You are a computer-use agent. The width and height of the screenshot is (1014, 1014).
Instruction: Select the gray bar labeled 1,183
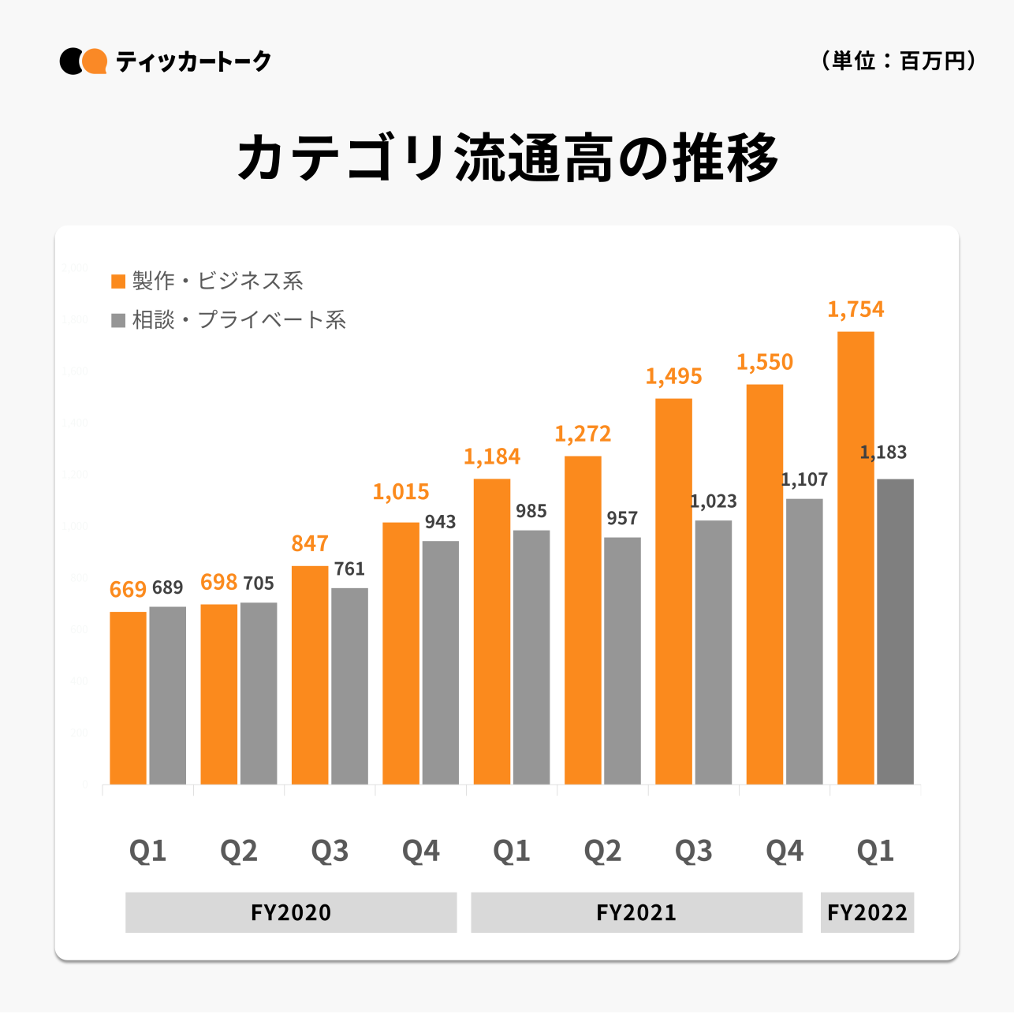(x=895, y=631)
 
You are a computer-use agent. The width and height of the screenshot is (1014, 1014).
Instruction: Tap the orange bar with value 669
(x=128, y=698)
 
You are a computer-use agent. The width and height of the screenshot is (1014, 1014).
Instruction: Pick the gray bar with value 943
(x=440, y=662)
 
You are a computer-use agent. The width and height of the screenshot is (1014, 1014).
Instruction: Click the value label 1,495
(x=673, y=377)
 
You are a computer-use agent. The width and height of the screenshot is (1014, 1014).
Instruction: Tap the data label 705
(x=259, y=583)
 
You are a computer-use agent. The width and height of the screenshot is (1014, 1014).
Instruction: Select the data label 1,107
(x=804, y=479)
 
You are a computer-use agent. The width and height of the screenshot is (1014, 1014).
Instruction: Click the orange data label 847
(x=310, y=544)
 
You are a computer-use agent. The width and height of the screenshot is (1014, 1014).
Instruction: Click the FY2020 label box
(x=291, y=912)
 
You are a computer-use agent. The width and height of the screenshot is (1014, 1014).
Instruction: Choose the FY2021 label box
(x=636, y=912)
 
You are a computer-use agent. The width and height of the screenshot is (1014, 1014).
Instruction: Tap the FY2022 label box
(x=867, y=912)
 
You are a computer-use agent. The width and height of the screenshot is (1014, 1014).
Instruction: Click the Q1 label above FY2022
(x=875, y=851)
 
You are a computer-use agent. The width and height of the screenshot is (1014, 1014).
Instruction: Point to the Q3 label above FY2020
(x=330, y=851)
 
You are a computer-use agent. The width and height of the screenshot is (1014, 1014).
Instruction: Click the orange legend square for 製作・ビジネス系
(x=118, y=281)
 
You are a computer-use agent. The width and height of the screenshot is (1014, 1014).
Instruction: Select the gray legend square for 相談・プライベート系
(x=118, y=320)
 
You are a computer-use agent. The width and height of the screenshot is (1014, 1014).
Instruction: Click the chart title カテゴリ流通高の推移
(x=508, y=158)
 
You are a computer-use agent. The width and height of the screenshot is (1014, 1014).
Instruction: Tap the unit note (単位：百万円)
(x=898, y=61)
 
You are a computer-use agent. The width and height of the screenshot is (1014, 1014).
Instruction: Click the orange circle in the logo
(x=95, y=61)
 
